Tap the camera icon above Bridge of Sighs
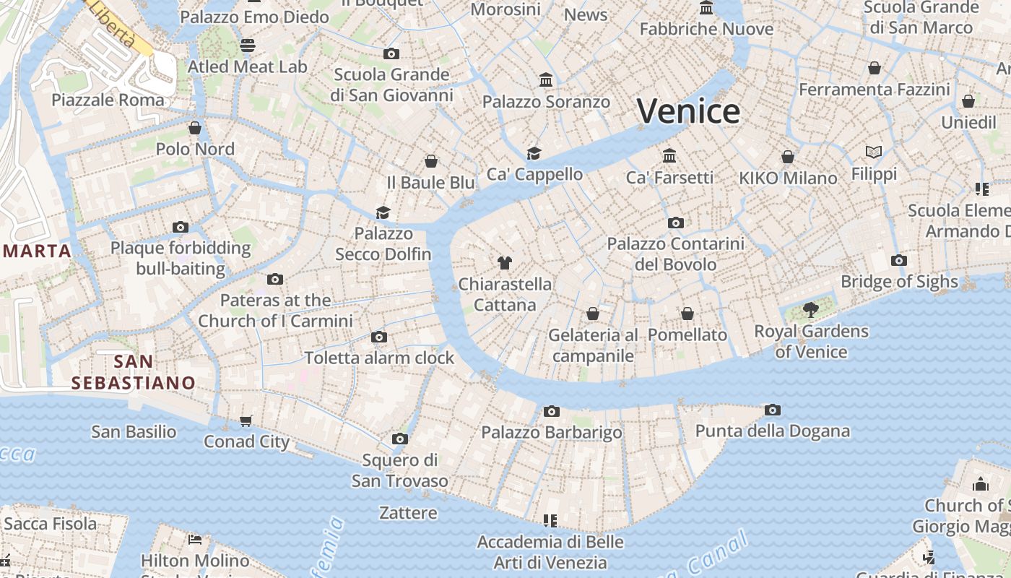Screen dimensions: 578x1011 pos(899,261)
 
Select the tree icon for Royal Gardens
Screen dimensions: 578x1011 pos(811,310)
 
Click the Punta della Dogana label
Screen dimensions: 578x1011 pos(772,431)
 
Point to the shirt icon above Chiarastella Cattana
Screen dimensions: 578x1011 pos(504,263)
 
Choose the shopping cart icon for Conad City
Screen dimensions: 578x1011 pos(246,420)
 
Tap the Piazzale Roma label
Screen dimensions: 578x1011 pos(108,100)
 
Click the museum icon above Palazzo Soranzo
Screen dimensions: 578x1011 pos(546,80)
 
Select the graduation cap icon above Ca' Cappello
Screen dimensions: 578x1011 pos(534,153)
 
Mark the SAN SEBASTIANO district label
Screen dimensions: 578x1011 pos(134,372)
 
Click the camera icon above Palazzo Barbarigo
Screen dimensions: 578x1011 pos(552,412)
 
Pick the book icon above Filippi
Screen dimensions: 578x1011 pos(874,152)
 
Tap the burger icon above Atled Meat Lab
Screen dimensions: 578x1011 pos(248,46)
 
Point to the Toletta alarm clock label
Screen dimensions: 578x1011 pos(379,358)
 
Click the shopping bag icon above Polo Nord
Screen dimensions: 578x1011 pos(195,129)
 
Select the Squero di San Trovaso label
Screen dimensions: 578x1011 pos(400,470)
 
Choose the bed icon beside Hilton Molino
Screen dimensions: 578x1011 pos(195,539)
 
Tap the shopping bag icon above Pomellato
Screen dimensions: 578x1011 pos(687,314)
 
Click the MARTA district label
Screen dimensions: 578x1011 pos(36,251)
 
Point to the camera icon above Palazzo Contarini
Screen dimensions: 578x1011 pos(676,223)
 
